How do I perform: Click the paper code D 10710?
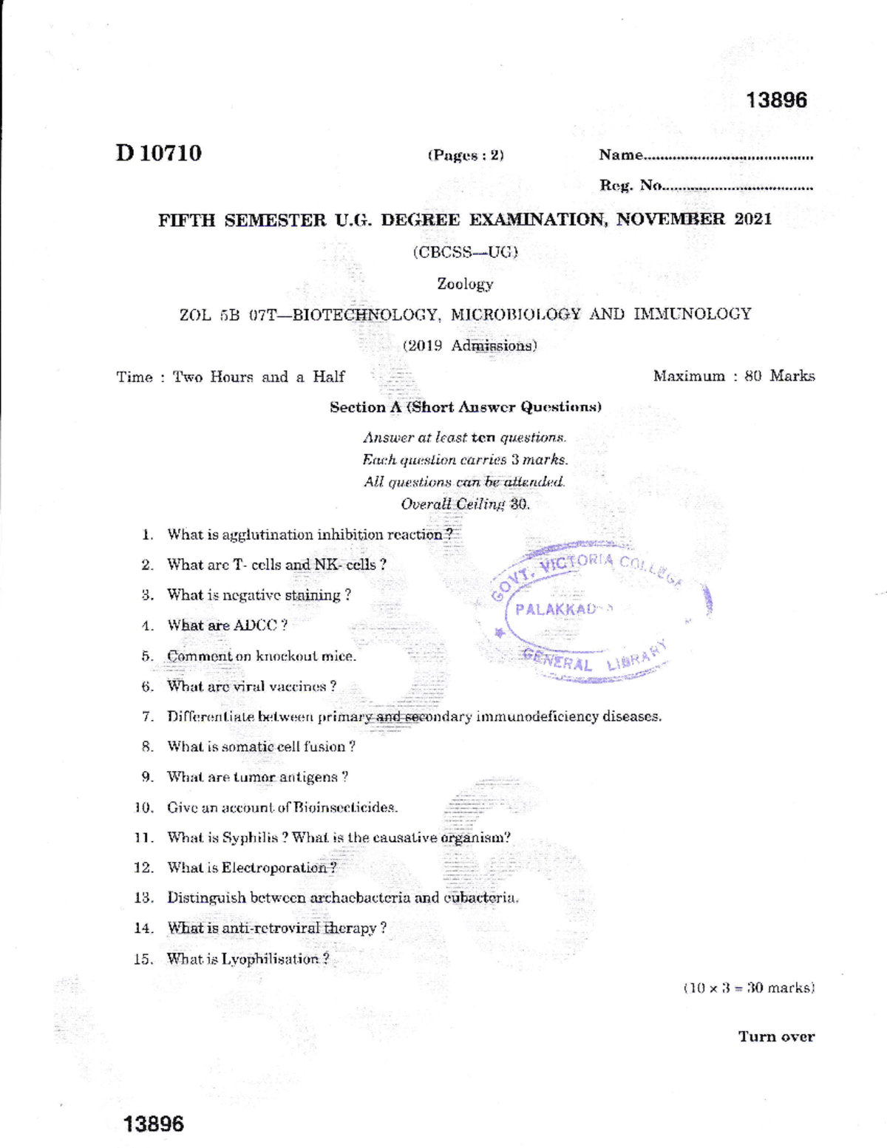pyautogui.click(x=158, y=153)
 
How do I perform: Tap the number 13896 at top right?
pyautogui.click(x=776, y=101)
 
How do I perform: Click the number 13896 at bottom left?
pyautogui.click(x=154, y=1124)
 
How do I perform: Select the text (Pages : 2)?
pyautogui.click(x=466, y=155)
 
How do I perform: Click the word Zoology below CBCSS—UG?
pyautogui.click(x=465, y=284)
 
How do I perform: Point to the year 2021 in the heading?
pyautogui.click(x=753, y=219)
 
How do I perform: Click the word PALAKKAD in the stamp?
pyautogui.click(x=556, y=610)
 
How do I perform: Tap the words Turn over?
pyautogui.click(x=776, y=1036)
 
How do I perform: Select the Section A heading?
pyautogui.click(x=465, y=407)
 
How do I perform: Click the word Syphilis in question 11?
pyautogui.click(x=251, y=838)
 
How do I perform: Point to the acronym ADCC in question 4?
pyautogui.click(x=255, y=625)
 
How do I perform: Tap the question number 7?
pyautogui.click(x=147, y=716)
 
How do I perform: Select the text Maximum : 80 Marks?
pyautogui.click(x=733, y=376)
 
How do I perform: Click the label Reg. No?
pyautogui.click(x=630, y=186)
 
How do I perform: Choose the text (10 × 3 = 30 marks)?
pyautogui.click(x=749, y=988)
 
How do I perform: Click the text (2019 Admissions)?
pyautogui.click(x=469, y=345)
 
